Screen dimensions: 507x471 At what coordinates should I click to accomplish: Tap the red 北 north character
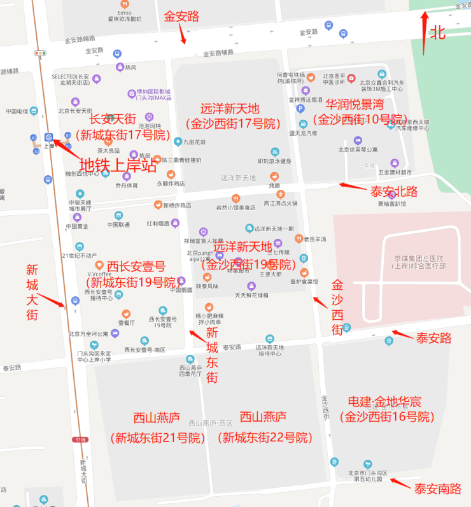(438, 33)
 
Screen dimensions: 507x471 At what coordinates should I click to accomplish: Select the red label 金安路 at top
(181, 17)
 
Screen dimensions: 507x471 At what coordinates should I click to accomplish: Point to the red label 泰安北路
(394, 190)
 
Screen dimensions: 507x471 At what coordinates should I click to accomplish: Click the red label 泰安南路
(438, 489)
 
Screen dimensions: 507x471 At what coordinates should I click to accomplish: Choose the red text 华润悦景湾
(355, 104)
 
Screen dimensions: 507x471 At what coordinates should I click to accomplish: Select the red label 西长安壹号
(136, 266)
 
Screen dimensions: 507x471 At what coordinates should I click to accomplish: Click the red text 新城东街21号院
(157, 438)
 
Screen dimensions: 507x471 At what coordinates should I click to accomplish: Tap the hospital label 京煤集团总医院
(418, 258)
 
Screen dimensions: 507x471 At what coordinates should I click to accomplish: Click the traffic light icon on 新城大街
(41, 54)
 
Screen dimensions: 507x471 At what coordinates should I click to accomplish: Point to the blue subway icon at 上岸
(49, 137)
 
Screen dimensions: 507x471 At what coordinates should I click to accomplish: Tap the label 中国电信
(19, 111)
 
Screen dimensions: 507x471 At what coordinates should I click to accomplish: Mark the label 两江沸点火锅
(281, 203)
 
